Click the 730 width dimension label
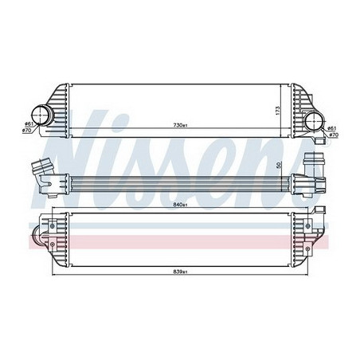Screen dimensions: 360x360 click(x=180, y=125)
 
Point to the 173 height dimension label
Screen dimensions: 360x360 click(x=278, y=111)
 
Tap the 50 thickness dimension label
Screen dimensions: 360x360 click(x=278, y=165)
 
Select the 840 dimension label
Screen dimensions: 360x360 click(x=180, y=205)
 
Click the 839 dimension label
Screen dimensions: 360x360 click(x=180, y=272)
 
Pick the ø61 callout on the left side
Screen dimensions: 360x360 click(x=28, y=123)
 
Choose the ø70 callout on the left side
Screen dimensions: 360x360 click(x=28, y=130)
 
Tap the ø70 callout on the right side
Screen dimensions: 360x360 click(x=334, y=135)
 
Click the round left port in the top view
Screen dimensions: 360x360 click(x=41, y=115)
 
